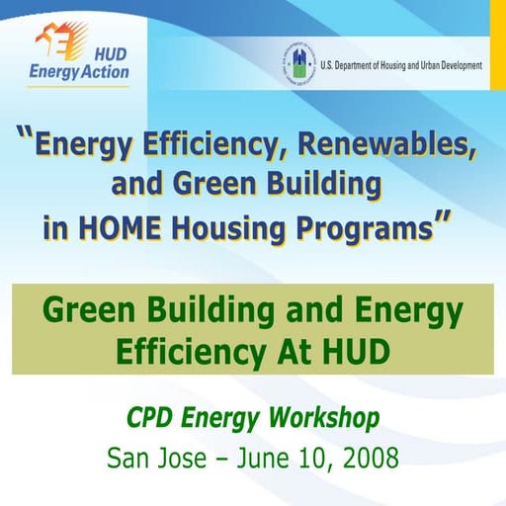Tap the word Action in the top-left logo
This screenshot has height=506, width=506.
click(x=107, y=72)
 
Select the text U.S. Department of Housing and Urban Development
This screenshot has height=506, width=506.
click(x=401, y=65)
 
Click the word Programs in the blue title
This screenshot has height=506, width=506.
click(x=360, y=228)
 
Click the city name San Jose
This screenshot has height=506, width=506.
click(x=154, y=459)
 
